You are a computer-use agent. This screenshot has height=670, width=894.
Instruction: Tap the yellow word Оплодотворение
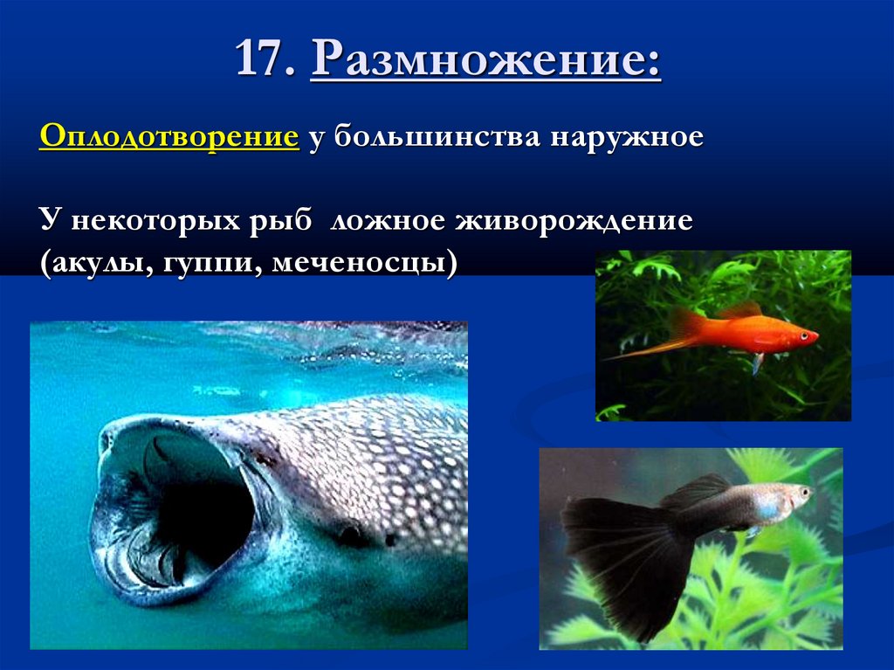(x=168, y=138)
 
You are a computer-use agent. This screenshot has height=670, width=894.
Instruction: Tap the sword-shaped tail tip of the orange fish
(x=615, y=356)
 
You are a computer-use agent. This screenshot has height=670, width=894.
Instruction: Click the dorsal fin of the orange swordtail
(x=739, y=311)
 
